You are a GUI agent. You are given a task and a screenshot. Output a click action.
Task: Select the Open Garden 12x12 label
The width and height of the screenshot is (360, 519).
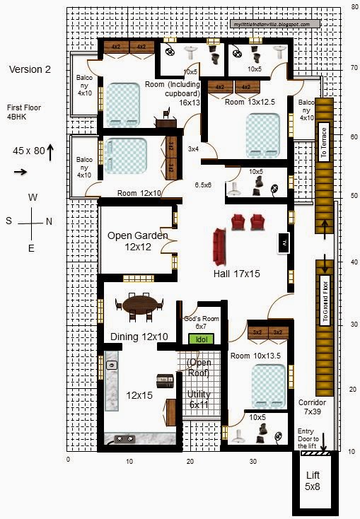pyautogui.click(x=138, y=241)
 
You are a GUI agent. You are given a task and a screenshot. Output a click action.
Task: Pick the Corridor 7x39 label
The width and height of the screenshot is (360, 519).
pyautogui.click(x=312, y=406)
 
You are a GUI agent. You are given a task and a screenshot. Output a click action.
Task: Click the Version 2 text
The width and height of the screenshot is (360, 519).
pyautogui.click(x=30, y=69)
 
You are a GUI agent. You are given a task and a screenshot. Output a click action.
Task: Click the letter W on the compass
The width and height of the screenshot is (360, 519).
pyautogui.click(x=33, y=198)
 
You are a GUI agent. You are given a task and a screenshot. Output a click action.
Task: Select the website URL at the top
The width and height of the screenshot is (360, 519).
pyautogui.click(x=272, y=24)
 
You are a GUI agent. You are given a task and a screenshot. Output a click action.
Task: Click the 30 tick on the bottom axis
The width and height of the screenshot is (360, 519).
pyautogui.click(x=253, y=461)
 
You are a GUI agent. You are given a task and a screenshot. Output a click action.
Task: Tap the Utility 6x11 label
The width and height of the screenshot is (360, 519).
pyautogui.click(x=199, y=400)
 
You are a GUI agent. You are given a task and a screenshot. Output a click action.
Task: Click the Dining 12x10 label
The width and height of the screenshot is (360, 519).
pyautogui.click(x=139, y=337)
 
